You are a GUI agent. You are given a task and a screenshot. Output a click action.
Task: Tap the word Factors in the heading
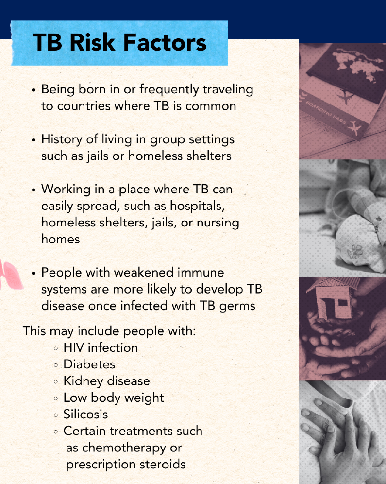166,43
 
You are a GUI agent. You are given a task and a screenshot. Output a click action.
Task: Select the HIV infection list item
101,348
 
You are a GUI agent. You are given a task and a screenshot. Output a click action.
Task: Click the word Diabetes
89,364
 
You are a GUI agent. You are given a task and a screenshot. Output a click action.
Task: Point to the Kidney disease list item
106,381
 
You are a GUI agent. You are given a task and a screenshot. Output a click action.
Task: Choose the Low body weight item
114,398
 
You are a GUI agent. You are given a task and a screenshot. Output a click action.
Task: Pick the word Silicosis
85,415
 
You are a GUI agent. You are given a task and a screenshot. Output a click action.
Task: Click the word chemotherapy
124,448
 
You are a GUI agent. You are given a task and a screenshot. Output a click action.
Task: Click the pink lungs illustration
7,276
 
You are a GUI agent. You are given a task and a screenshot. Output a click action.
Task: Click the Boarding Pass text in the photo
326,116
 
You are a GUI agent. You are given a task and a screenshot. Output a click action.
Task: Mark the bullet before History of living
34,140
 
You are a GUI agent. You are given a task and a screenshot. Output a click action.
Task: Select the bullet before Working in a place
34,190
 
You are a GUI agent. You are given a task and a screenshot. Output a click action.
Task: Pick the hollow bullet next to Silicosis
56,415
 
